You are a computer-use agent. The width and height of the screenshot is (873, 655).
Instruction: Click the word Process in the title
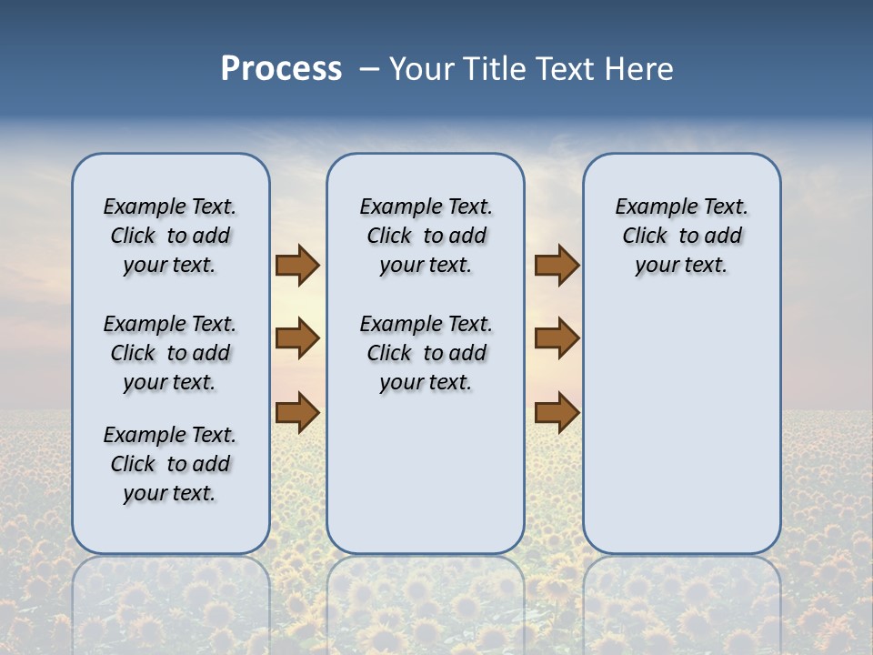281,69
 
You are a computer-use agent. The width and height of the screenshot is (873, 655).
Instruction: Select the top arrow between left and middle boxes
297,266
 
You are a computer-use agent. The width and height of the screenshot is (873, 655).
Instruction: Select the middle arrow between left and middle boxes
297,338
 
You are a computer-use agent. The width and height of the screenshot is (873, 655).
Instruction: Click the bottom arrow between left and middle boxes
297,412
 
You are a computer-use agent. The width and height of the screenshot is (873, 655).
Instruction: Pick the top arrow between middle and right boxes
557,266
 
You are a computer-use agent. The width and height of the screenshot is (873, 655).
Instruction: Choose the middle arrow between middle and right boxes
557,338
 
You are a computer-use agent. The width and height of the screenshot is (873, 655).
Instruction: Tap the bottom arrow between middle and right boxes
557,412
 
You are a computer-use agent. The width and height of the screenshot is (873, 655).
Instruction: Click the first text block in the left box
170,236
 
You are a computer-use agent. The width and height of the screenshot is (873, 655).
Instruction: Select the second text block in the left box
170,353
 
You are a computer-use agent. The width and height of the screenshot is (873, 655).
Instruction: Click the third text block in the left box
170,464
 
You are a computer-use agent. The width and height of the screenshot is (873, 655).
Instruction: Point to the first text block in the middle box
426,236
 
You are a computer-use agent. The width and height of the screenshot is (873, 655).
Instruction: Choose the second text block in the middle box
426,353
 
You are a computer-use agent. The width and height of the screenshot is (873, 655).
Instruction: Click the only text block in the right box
681,236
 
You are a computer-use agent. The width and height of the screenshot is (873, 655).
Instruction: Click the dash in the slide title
369,69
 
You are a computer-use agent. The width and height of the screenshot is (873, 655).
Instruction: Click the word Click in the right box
645,237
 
